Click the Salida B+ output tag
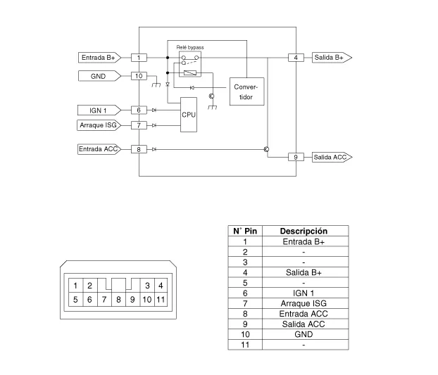coord(332,57)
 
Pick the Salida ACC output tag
coord(332,157)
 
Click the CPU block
coord(189,115)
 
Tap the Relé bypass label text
coord(190,46)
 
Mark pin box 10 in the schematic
coord(139,75)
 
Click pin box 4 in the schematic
coord(296,57)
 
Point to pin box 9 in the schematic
coord(296,157)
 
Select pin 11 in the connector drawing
coord(161,299)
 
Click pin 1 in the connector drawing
coord(75,285)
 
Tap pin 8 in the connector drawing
coord(118,299)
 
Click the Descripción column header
coord(304,231)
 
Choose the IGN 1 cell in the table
coord(304,293)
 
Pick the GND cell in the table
coord(304,334)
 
